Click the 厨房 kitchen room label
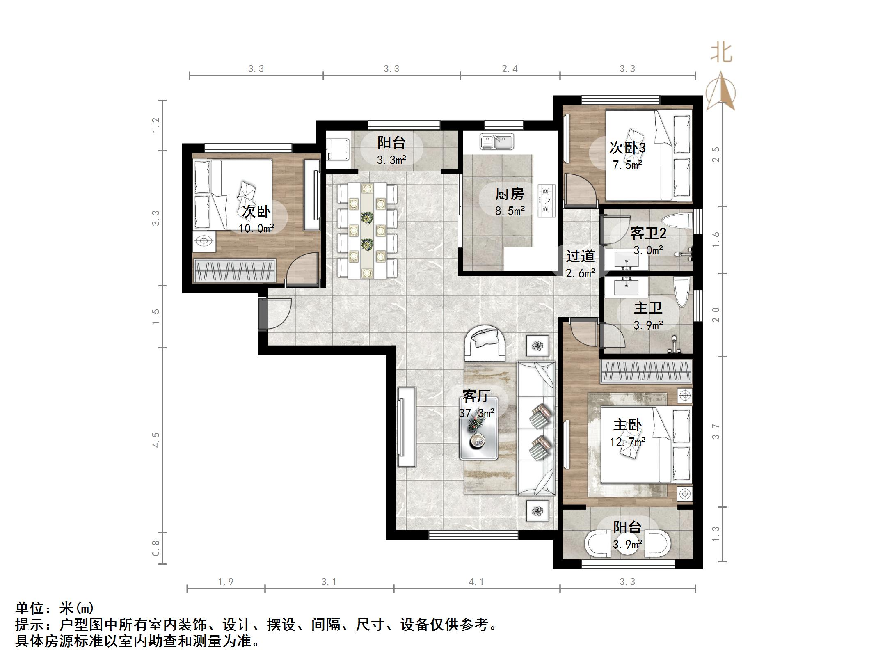[x=510, y=194]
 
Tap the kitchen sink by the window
[x=497, y=142]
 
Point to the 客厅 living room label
[x=476, y=396]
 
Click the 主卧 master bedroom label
[x=627, y=425]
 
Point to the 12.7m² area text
[x=627, y=442]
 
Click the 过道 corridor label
[x=581, y=256]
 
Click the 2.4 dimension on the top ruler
[x=510, y=69]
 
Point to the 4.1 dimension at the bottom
[x=476, y=582]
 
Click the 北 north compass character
[x=722, y=53]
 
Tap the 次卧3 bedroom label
[x=627, y=148]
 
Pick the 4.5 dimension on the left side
[x=156, y=440]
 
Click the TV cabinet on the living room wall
[x=406, y=427]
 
